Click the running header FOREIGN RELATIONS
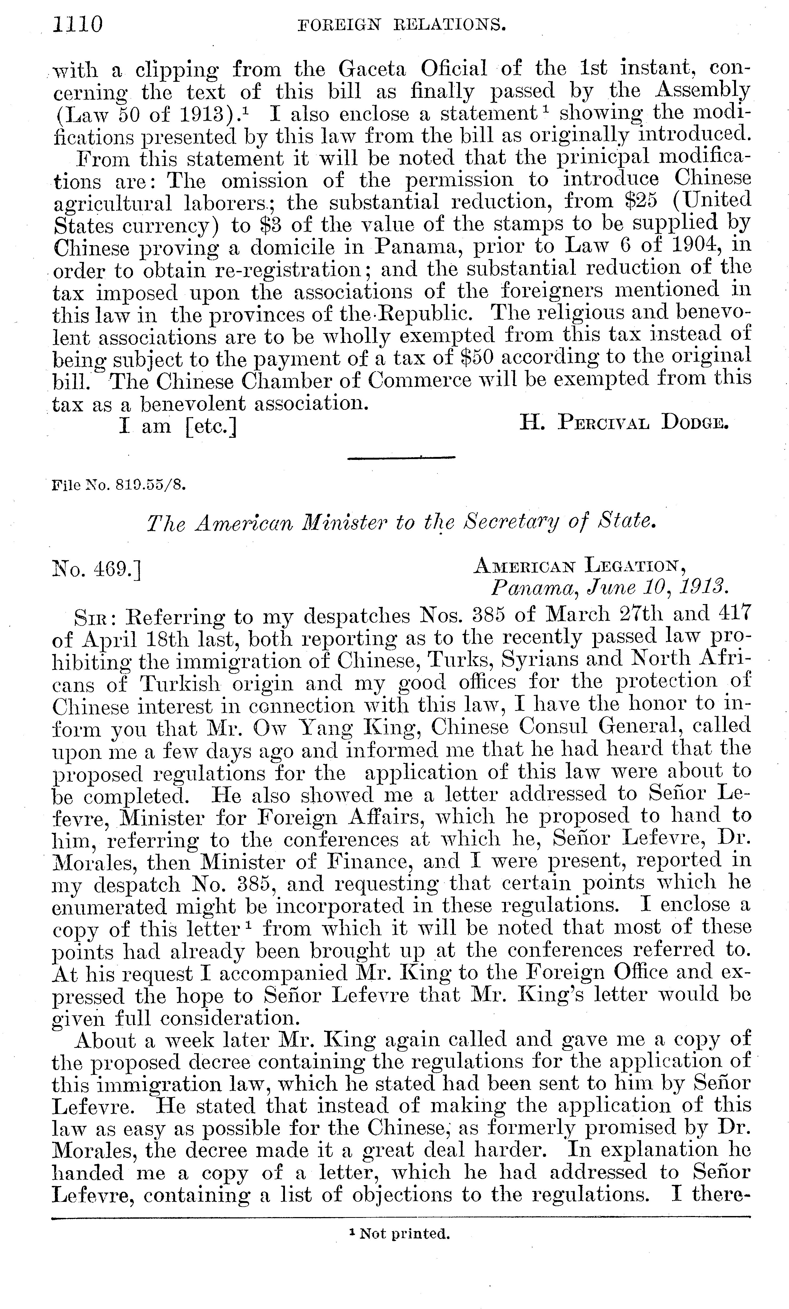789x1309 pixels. click(x=401, y=25)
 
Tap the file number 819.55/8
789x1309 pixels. click(x=118, y=484)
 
